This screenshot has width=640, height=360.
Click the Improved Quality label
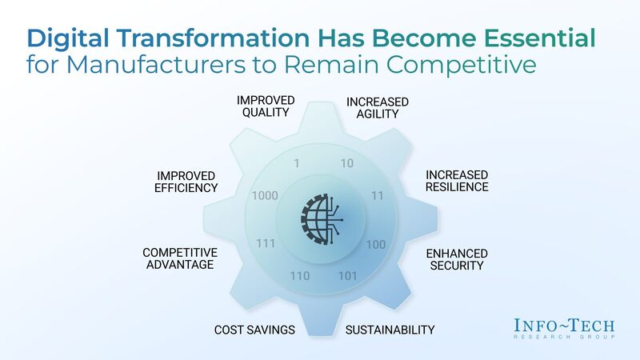[265, 106]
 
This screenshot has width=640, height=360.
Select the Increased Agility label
[377, 108]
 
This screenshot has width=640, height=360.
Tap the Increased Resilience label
[456, 181]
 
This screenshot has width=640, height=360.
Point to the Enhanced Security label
[455, 259]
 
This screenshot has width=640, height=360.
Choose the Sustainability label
[390, 330]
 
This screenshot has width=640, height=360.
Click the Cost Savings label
[254, 330]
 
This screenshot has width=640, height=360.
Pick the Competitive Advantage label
[179, 258]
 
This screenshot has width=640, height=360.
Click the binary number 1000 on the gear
[264, 195]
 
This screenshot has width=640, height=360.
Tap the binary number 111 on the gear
[266, 243]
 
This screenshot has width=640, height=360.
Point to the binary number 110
[299, 276]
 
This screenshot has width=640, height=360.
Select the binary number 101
[347, 277]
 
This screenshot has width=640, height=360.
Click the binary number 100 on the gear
[375, 244]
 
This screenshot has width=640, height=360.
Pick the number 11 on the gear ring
[377, 195]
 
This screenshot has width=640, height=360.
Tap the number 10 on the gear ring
[346, 164]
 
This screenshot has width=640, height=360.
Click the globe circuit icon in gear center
[322, 220]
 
